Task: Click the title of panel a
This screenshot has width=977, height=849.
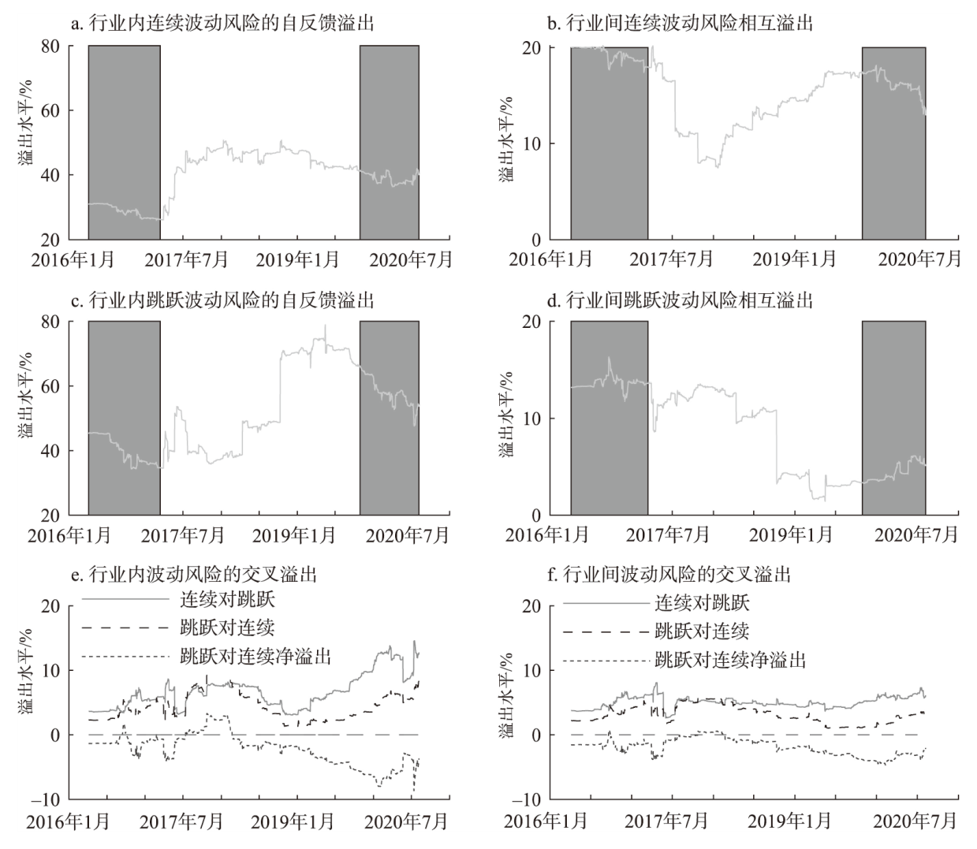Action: tap(222, 24)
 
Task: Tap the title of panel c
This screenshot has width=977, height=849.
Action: tap(222, 300)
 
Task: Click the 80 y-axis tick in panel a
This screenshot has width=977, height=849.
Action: tap(52, 47)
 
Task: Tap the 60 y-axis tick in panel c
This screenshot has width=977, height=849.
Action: tap(52, 386)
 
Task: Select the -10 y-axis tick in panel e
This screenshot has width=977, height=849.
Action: tap(47, 799)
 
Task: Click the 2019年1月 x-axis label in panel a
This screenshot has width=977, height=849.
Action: tap(296, 259)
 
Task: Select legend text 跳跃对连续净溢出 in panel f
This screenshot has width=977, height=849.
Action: tap(730, 659)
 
